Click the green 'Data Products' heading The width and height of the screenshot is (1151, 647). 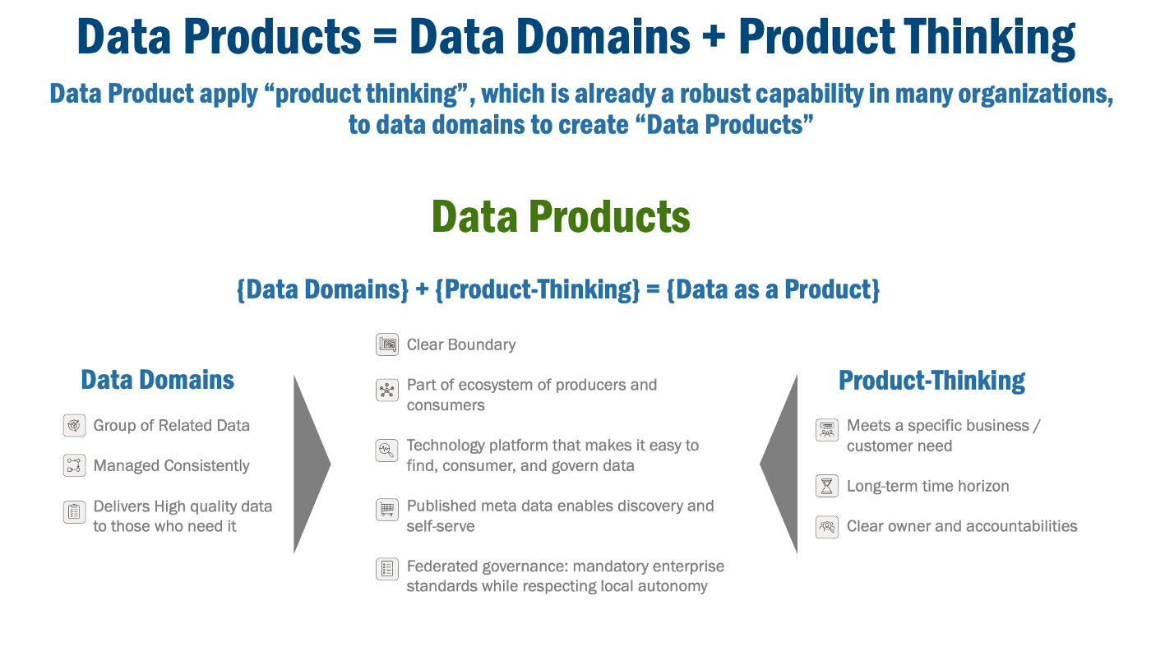coord(561,217)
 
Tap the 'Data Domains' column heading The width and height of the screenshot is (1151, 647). coord(157,380)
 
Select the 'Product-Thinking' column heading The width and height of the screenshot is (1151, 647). coord(931,381)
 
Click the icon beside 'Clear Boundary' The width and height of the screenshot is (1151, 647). coord(387,344)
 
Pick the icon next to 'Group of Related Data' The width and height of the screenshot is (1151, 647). coord(75,426)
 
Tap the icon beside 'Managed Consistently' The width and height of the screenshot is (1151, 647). coord(75,465)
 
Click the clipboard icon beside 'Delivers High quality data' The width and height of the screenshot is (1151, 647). coord(75,512)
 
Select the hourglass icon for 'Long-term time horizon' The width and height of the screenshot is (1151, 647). coord(827,486)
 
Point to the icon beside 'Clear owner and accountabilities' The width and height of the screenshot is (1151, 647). coord(827,527)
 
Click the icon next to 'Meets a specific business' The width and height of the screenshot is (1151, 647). coord(827,430)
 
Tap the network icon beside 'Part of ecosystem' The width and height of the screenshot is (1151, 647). coord(387,391)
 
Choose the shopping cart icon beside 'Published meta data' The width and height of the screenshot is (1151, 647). coord(387,510)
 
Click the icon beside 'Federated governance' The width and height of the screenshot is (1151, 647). coord(387,569)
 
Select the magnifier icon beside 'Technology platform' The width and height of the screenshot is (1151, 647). coord(387,451)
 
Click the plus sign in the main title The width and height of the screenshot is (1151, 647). coord(714,37)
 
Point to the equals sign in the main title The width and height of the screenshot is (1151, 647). coord(385,37)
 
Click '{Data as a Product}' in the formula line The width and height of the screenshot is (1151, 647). coord(773,290)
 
